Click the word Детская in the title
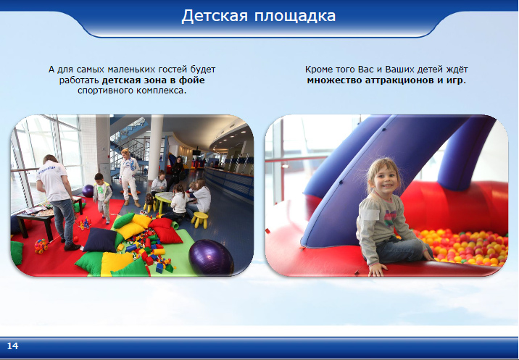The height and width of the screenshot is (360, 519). pos(215,16)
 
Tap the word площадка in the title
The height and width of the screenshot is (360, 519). pos(295,17)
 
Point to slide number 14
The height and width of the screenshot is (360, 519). pos(12,346)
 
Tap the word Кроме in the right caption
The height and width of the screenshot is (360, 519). pos(316,70)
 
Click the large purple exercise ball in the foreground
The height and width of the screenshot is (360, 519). pos(211,256)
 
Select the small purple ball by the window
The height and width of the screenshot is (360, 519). pos(88,191)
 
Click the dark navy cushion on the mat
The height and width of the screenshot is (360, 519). pos(100,240)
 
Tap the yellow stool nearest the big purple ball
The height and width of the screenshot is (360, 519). pos(199,220)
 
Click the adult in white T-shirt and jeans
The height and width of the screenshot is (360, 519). pos(58,201)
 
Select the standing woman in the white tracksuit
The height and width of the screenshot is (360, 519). pos(129,177)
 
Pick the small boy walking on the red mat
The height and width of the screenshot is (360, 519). pos(102,198)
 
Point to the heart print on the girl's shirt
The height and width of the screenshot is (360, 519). pos(390,217)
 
